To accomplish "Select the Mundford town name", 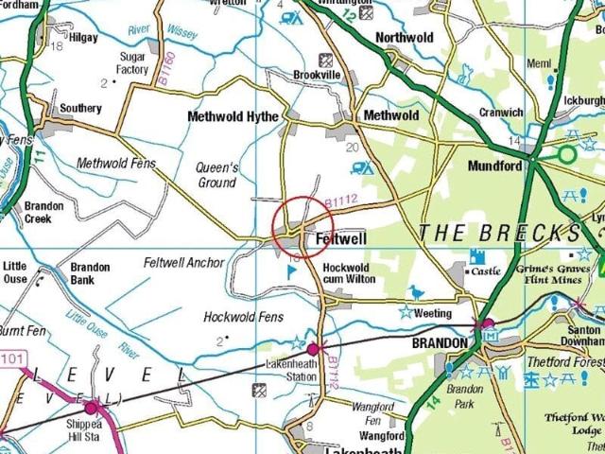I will tap(494, 166).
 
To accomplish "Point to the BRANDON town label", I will tap(440, 342).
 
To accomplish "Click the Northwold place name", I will tap(404, 38).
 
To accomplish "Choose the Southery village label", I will tap(80, 109).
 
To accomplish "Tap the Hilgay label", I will tap(82, 38).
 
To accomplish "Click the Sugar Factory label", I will tap(132, 63).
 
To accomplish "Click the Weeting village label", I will tap(434, 313).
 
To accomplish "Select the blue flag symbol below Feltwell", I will tap(291, 271).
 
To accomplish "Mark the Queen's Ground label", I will tap(216, 175).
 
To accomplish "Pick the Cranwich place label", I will tap(501, 113).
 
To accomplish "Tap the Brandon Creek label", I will tap(44, 212).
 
